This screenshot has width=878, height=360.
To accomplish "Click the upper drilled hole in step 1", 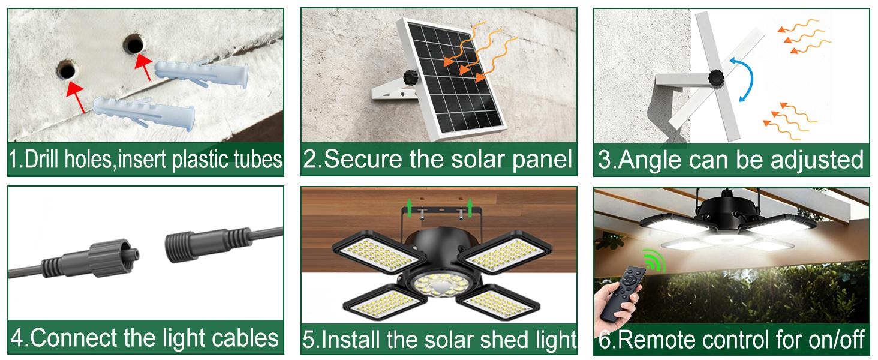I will (x=133, y=44).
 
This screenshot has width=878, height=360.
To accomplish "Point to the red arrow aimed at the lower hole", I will (x=75, y=98).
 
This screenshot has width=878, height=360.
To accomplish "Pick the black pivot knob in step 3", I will (x=716, y=77).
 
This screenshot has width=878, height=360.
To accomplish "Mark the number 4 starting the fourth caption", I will (x=18, y=337).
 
